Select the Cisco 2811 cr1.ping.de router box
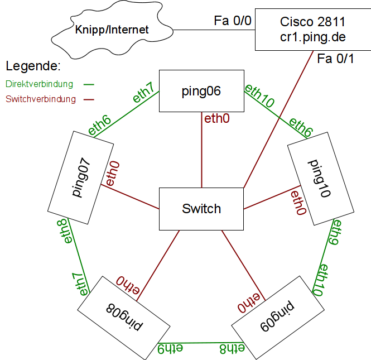pyautogui.click(x=312, y=30)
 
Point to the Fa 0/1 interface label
pyautogui.click(x=335, y=59)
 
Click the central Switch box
pyautogui.click(x=201, y=209)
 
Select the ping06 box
pyautogui.click(x=201, y=91)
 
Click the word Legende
pyautogui.click(x=33, y=66)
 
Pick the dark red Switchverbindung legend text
pyautogui.click(x=40, y=100)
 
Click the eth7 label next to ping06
pyautogui.click(x=143, y=92)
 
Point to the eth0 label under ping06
pyautogui.click(x=216, y=118)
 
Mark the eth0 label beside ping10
pyautogui.click(x=297, y=203)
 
